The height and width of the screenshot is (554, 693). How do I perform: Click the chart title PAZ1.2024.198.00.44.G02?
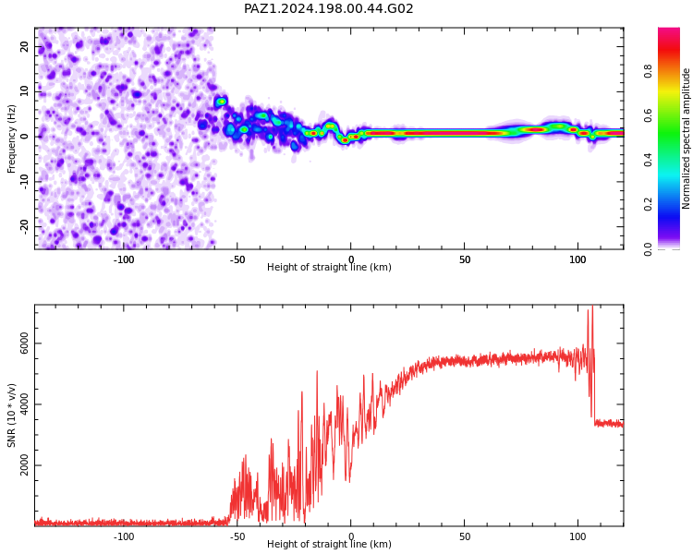[x=328, y=8]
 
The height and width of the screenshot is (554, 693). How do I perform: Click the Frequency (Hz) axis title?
[x=11, y=138]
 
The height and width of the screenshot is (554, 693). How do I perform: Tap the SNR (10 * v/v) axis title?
[x=11, y=415]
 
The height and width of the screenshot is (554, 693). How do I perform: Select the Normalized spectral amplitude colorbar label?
[x=686, y=138]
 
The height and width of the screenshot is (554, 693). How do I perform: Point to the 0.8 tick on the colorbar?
[x=648, y=71]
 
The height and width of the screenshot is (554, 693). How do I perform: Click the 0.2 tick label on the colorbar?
[x=648, y=204]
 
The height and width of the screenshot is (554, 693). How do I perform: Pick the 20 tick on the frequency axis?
[x=24, y=46]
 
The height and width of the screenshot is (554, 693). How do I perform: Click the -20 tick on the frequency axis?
[x=24, y=227]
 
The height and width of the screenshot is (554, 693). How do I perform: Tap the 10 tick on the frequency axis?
[x=24, y=91]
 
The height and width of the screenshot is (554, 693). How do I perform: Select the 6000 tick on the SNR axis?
[x=24, y=343]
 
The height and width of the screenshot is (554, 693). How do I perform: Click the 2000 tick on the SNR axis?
[x=24, y=465]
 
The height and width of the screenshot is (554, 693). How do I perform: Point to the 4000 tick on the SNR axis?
[x=24, y=404]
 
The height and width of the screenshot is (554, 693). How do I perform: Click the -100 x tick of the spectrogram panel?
[x=123, y=259]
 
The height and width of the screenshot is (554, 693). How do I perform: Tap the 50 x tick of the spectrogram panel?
[x=465, y=259]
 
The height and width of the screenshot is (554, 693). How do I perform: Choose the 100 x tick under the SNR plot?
[x=578, y=536]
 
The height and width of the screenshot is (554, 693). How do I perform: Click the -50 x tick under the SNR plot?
[x=237, y=536]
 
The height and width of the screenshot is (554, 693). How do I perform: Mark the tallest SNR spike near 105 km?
[x=592, y=307]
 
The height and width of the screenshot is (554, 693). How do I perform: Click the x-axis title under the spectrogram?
[x=329, y=267]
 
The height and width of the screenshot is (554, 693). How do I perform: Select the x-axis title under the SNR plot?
[x=329, y=544]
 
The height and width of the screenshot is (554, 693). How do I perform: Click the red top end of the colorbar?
[x=669, y=30]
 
